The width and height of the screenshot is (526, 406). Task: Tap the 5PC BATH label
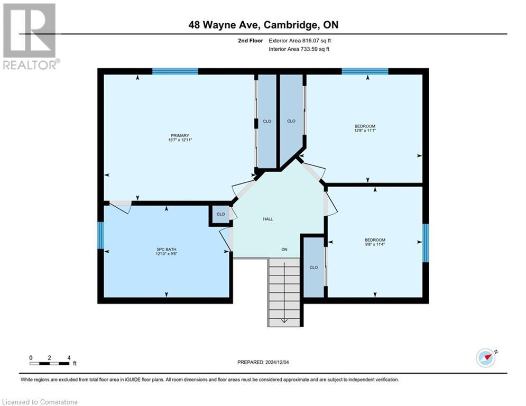click(x=166, y=250)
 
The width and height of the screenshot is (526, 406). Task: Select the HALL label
click(x=268, y=219)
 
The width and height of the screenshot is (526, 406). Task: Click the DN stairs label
click(x=284, y=250)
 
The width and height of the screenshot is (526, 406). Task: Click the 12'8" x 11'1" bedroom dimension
click(x=365, y=130)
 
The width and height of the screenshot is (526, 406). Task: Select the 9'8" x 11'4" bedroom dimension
click(x=374, y=244)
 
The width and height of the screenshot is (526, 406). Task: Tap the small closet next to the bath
click(x=220, y=215)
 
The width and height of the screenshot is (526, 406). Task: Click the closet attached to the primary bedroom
click(x=267, y=122)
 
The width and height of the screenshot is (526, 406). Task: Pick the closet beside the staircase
click(x=313, y=267)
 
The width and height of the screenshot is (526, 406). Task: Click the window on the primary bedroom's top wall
click(x=175, y=71)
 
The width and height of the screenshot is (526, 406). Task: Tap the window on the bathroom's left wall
click(x=101, y=235)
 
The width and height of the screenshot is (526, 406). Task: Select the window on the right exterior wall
click(x=425, y=243)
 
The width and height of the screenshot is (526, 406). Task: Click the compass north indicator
click(x=486, y=357)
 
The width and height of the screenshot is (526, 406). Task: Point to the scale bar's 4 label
click(x=69, y=358)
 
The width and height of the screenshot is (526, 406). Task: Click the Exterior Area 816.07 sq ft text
click(x=300, y=41)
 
